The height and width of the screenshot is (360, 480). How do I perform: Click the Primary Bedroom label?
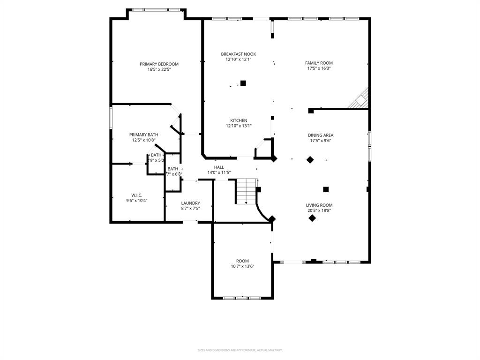point(159,64)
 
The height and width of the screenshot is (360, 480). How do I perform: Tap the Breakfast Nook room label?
point(239,54)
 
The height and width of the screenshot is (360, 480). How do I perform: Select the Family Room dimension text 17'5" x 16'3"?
point(319,68)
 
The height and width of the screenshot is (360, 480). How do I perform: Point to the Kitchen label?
point(239,120)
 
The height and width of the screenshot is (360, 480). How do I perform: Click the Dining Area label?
point(321,135)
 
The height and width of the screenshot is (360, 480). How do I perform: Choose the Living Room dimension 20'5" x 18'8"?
point(319,210)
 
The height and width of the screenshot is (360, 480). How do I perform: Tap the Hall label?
point(219,167)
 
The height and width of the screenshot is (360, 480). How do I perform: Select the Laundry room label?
point(190,203)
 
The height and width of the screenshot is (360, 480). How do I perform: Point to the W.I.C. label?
point(136,195)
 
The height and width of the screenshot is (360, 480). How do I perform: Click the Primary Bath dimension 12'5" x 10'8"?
point(143,140)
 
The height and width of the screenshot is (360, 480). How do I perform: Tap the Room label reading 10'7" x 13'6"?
point(242,261)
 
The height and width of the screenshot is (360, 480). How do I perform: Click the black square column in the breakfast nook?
point(243,83)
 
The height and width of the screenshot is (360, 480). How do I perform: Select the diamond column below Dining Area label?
point(310,160)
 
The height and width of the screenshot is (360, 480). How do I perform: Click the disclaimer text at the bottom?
point(240,350)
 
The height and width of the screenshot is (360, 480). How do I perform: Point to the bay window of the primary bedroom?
point(156,10)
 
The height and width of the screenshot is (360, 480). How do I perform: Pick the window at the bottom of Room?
point(242,298)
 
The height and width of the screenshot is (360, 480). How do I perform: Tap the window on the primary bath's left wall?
point(111,118)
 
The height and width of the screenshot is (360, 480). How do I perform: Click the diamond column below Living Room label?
point(312,218)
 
